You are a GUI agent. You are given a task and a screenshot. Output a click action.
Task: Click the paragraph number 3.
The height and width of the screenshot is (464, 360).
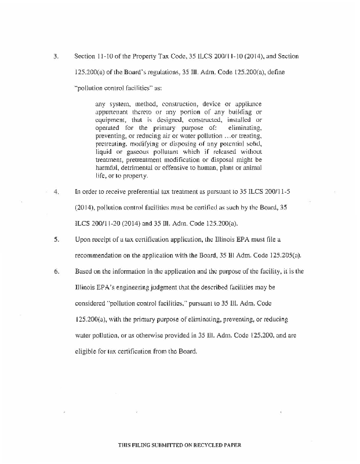tap(56, 57)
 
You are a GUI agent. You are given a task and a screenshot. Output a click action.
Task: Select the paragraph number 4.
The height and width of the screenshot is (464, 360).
tap(56, 190)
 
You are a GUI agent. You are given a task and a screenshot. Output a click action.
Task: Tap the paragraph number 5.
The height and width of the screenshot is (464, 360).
tap(56, 238)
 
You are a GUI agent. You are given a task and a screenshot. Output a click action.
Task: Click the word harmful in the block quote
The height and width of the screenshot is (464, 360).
tap(107, 168)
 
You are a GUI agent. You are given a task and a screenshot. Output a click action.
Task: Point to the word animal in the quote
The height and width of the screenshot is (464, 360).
tap(251, 168)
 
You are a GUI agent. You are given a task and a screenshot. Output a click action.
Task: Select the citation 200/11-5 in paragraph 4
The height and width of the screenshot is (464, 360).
tap(283, 190)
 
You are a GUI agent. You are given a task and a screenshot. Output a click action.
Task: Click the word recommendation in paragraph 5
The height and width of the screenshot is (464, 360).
tap(103, 255)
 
